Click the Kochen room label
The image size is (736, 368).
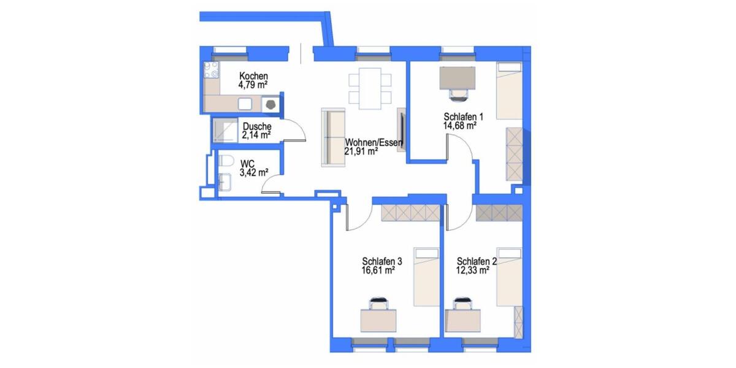point(253,76)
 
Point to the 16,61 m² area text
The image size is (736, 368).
point(378,269)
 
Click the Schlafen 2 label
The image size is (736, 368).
point(477,261)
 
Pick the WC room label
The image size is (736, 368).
point(247,164)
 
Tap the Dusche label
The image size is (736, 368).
point(256,126)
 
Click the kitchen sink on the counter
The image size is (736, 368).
point(247,104)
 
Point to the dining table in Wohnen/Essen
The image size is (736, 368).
point(370,87)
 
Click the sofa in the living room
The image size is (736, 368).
point(333,137)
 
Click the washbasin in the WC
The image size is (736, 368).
point(224,182)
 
